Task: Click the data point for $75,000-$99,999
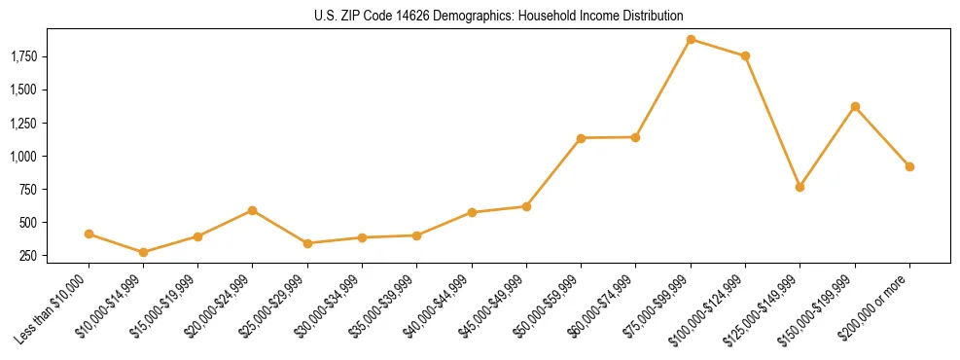[x=691, y=40]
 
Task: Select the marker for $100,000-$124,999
[x=745, y=56]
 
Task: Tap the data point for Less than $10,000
[x=89, y=234]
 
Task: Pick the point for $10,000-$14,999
[x=144, y=252]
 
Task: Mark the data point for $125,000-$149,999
[x=800, y=187]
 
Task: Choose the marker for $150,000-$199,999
[x=855, y=106]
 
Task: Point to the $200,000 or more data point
[x=909, y=166]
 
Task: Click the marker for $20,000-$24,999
[x=253, y=210]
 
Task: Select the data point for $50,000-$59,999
[x=581, y=138]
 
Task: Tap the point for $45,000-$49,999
[x=526, y=206]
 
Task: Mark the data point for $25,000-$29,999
[x=307, y=243]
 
